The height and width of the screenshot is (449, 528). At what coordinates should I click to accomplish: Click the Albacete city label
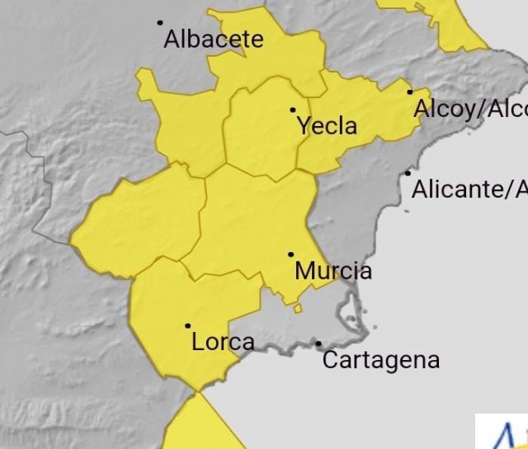[214, 39]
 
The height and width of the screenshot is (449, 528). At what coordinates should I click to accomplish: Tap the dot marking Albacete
[160, 22]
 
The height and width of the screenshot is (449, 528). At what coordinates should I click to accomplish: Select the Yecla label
[327, 126]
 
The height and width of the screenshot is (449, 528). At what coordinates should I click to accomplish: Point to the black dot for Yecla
[293, 110]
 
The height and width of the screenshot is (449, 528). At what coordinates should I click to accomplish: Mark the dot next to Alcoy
[410, 91]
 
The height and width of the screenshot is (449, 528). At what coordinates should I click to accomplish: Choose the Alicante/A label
[469, 190]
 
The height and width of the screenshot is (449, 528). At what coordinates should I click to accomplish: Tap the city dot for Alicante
[408, 173]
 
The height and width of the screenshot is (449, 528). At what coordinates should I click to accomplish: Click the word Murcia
[333, 270]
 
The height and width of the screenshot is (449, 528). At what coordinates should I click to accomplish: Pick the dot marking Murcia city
[290, 255]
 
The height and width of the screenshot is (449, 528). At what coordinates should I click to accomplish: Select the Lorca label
[223, 342]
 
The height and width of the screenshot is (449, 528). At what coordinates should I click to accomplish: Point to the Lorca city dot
[188, 326]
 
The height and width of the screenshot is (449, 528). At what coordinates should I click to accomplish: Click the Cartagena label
[380, 360]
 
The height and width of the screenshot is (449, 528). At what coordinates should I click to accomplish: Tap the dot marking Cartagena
[318, 344]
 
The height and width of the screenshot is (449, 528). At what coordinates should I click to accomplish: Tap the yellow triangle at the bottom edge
[194, 428]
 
